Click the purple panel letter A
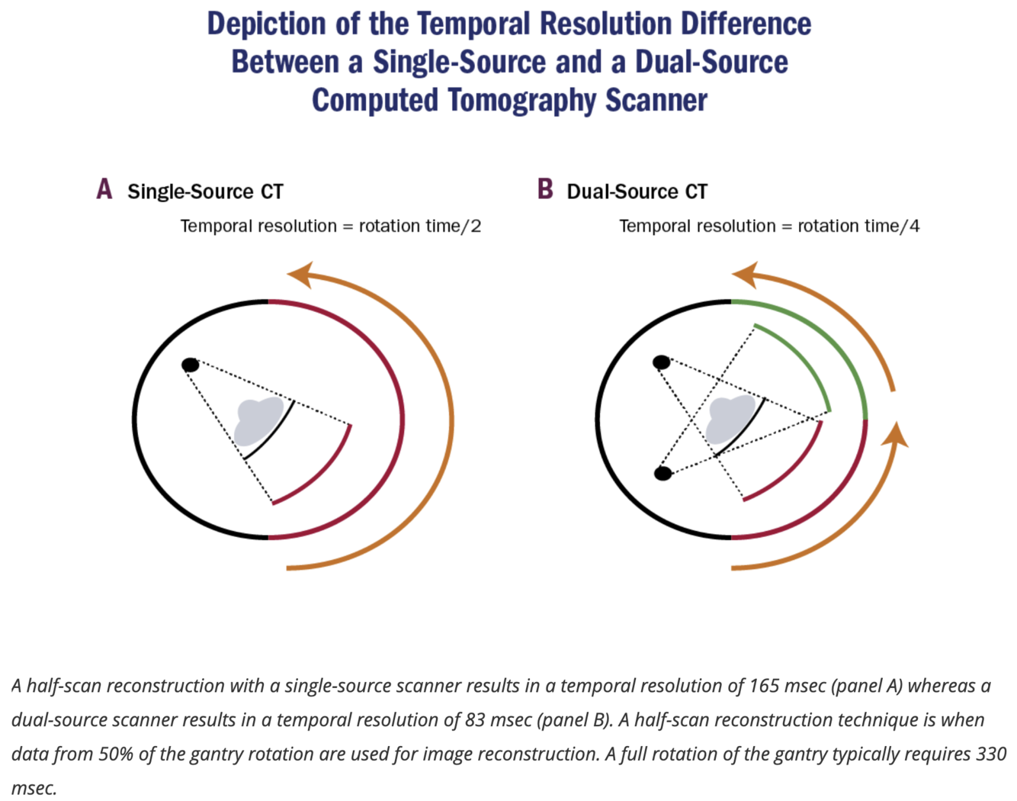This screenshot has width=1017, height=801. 104,189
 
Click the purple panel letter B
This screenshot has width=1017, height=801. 545,189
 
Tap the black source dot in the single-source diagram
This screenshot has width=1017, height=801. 191,365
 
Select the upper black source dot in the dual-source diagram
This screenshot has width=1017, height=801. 662,362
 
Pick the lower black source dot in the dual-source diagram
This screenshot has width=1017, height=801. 663,474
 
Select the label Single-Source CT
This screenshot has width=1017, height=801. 205,191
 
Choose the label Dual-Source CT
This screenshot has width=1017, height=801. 637,191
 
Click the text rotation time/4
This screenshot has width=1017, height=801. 858,226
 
